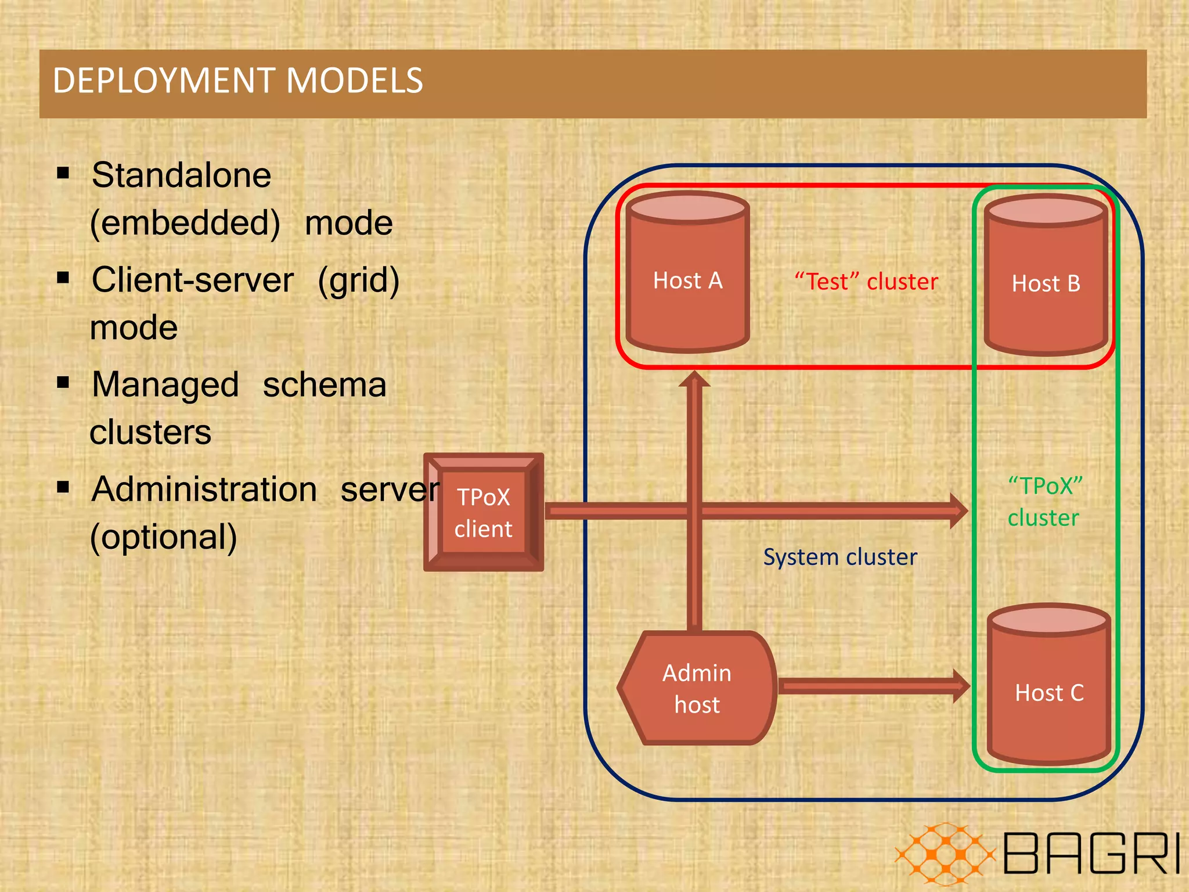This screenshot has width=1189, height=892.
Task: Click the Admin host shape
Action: pos(697,689)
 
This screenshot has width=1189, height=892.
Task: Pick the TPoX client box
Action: pos(483,513)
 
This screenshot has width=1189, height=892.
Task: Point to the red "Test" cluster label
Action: pos(866,282)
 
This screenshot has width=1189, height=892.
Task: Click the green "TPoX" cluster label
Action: pos(1044,502)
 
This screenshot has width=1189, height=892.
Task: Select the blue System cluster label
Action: pos(839,557)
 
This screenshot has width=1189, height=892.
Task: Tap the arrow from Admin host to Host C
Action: pos(871,686)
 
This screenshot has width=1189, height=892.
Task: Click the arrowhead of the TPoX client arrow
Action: pos(958,511)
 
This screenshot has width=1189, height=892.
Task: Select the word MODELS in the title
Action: pos(355,81)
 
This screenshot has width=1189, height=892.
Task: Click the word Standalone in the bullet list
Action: pos(181,175)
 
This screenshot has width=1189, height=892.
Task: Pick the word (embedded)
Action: pos(185,224)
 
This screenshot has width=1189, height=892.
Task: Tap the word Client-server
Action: pos(192,280)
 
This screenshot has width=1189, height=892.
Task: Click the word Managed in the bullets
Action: pos(165,385)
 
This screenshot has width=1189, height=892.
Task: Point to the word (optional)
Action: pos(164,537)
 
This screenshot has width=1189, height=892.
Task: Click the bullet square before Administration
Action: pos(63,487)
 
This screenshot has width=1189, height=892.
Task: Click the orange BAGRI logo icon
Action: pos(945,854)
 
